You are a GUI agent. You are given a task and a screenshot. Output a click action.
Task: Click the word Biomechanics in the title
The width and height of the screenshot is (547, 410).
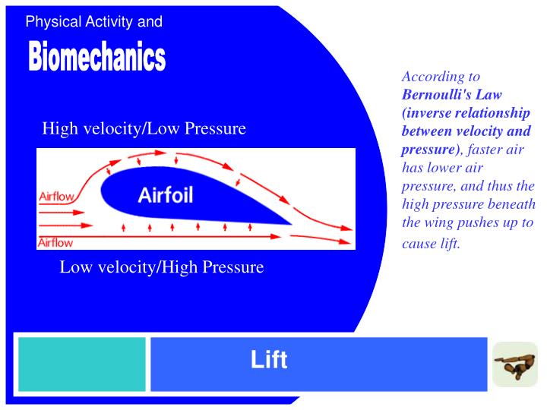point(96,58)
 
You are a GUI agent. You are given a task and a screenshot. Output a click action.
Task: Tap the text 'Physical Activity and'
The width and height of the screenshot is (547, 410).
point(93,22)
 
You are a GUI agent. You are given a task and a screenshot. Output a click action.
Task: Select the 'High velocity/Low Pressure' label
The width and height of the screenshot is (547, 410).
point(144,128)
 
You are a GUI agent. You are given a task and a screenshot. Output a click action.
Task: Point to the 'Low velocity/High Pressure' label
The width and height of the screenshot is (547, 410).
point(162,267)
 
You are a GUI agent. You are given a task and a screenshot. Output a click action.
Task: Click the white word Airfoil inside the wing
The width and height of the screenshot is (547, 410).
point(166,195)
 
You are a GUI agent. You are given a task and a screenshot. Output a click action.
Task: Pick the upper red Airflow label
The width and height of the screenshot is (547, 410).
point(56,197)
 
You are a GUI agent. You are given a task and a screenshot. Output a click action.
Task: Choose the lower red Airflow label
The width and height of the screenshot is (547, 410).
point(55,243)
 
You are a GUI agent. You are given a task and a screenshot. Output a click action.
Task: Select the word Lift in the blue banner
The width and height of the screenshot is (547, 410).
point(269,360)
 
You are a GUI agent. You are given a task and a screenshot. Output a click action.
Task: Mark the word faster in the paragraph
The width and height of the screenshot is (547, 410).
point(483,150)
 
